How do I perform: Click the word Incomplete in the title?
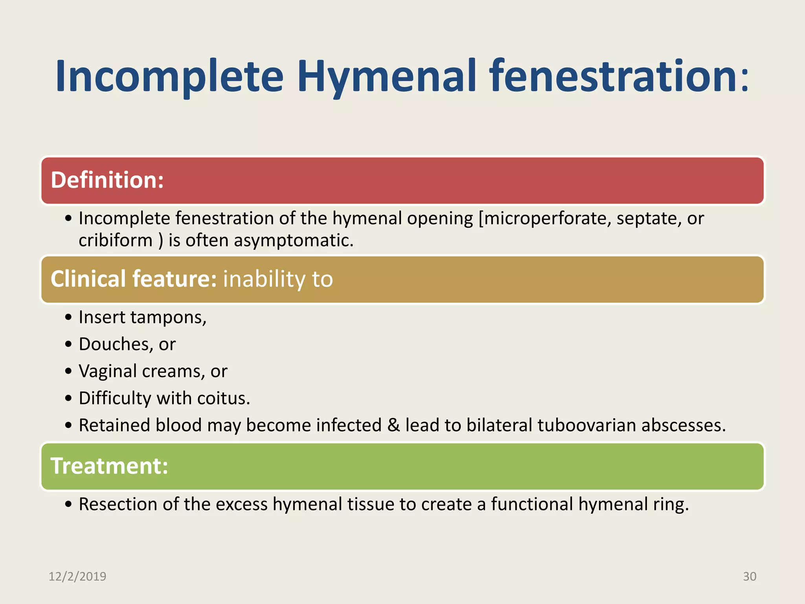169,77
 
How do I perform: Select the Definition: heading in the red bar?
107,180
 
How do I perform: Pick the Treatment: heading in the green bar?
109,466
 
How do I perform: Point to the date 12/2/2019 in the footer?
77,576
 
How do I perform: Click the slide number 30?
749,576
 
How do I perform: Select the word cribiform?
115,240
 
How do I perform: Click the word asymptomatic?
293,240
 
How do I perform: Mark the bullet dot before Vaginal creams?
69,371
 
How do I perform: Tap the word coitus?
223,398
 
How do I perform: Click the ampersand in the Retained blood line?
393,425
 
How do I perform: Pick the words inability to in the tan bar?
278,279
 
